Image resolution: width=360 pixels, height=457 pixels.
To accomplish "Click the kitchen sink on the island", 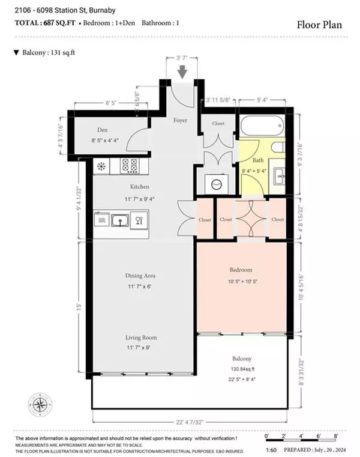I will click(x=121, y=220).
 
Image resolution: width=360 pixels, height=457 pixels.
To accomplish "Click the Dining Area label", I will click(x=140, y=276).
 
